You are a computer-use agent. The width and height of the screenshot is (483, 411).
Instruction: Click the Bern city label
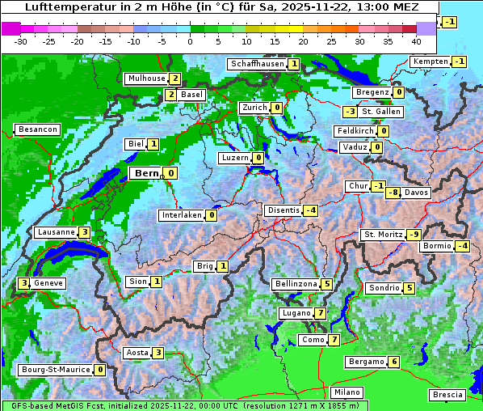coord(146,173)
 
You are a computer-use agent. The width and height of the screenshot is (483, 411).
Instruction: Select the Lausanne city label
coord(57,232)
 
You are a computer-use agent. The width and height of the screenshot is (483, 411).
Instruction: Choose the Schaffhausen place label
coord(256,64)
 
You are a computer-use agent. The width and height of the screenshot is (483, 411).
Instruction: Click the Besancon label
coord(37,129)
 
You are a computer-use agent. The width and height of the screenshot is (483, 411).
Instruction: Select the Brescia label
coord(447,395)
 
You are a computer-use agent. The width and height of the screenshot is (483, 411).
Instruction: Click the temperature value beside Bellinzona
coord(326,284)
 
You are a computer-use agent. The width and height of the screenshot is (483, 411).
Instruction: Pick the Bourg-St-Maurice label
coord(55,370)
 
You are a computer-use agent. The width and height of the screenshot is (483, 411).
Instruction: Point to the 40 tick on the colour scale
coord(416,40)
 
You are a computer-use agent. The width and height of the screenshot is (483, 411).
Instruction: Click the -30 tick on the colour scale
coord(21,40)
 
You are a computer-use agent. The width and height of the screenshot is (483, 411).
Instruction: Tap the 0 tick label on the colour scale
coord(191,40)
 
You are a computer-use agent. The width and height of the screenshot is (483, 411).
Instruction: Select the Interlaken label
coord(181,215)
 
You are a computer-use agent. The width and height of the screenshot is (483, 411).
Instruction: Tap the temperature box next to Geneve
coord(24,283)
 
